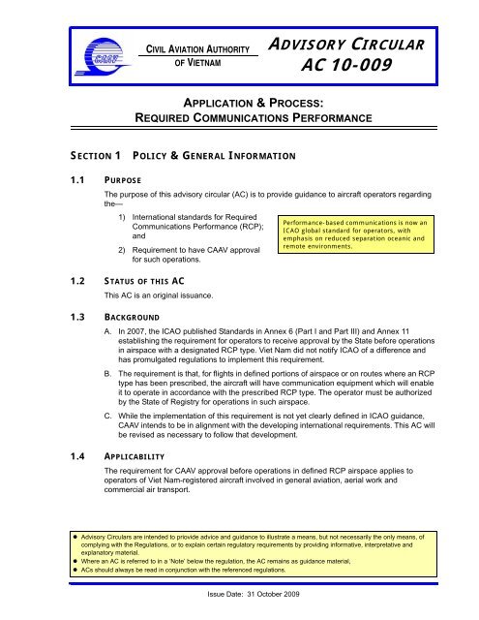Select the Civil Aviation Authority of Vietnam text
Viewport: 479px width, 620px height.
(x=198, y=54)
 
